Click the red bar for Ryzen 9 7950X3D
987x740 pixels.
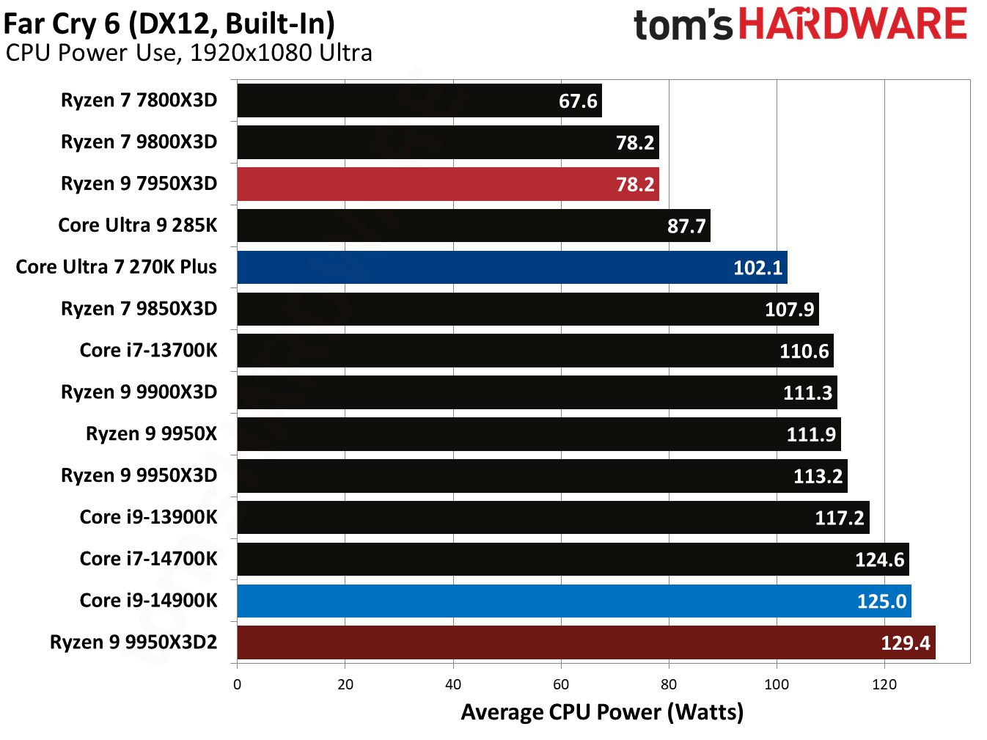coord(447,184)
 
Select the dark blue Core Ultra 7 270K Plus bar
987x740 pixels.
coord(512,268)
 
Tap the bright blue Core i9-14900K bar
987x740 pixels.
coord(573,601)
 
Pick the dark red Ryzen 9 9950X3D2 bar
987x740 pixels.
coord(585,643)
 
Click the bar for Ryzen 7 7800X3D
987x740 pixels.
coord(419,100)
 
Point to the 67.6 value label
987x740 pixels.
coord(578,101)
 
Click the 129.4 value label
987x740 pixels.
coord(905,643)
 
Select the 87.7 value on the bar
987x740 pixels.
coord(686,226)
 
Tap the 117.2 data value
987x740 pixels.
coord(839,519)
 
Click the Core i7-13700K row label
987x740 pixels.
coord(148,351)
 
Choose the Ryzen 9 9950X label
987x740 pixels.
coord(151,434)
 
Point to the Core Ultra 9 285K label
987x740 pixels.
coord(138,225)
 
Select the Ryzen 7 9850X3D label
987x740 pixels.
coord(139,309)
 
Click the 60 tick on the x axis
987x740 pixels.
coord(561,685)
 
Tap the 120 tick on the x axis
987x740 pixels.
coord(884,685)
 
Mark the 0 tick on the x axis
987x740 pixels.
coord(237,685)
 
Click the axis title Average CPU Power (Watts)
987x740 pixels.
coord(602,712)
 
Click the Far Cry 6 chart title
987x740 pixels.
coord(169,23)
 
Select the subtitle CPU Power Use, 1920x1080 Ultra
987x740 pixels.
coord(188,54)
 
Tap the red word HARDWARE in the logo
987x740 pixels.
coord(852,24)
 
